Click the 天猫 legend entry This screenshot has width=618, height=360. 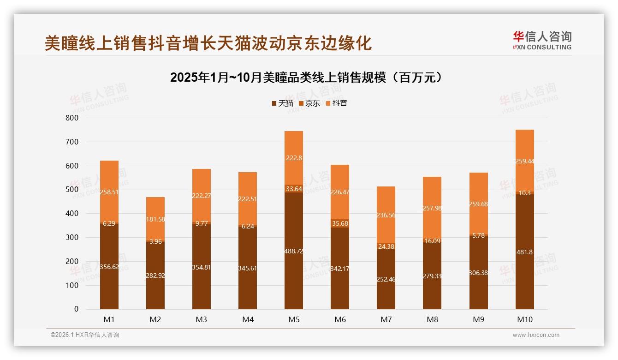click(282, 103)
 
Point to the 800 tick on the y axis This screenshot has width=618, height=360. click(72, 118)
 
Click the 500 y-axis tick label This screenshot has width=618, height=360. click(72, 190)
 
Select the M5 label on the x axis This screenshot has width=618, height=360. click(294, 319)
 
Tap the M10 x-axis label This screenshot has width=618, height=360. click(524, 319)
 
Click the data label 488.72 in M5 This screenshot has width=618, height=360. click(294, 252)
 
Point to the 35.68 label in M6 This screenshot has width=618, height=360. click(340, 223)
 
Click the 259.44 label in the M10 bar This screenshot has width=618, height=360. click(524, 162)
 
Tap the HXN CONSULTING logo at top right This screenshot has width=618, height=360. click(542, 41)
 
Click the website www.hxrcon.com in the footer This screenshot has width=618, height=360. click(536, 335)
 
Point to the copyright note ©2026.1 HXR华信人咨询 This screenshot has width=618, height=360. click(85, 335)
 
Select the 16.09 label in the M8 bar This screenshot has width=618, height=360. click(432, 241)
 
